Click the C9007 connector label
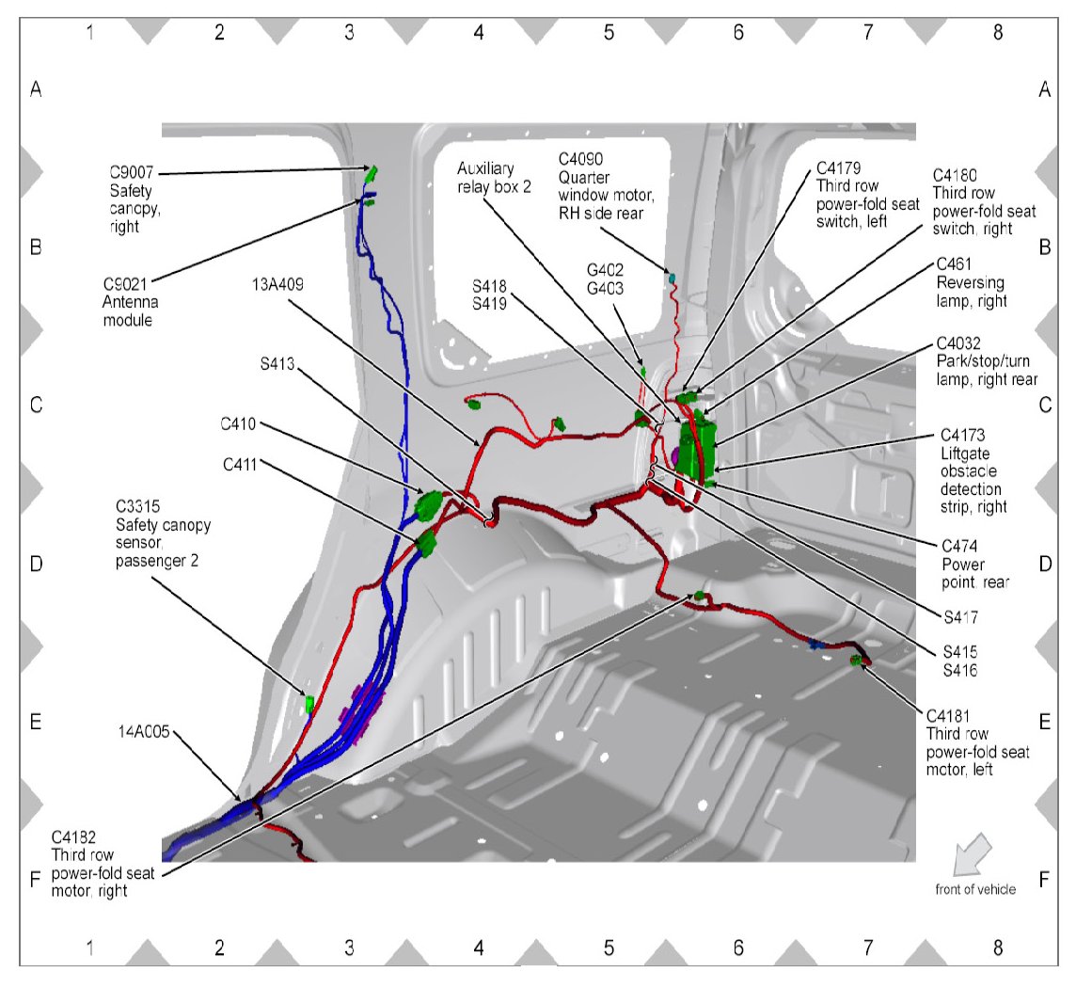tap(131, 172)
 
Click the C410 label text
tap(239, 423)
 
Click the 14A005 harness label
tap(144, 729)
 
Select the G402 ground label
tap(606, 269)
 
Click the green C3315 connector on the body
tap(309, 702)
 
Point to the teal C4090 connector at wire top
tap(672, 277)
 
